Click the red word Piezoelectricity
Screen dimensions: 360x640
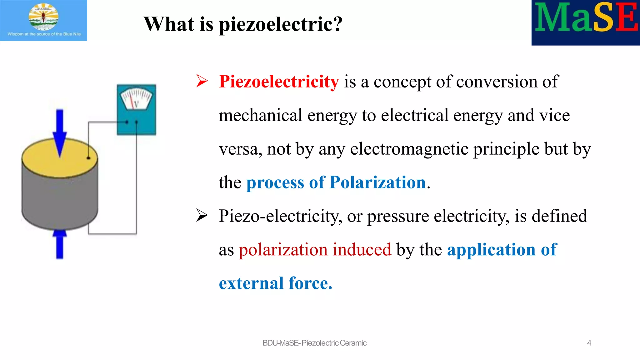tap(279, 82)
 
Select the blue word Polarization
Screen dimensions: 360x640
tap(378, 182)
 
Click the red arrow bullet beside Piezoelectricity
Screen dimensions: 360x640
tap(202, 81)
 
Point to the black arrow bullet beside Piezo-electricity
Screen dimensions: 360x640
tap(202, 216)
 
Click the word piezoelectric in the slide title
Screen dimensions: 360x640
tap(280, 24)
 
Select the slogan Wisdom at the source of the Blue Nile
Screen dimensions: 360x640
tap(44, 34)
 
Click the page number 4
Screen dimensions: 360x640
tap(589, 343)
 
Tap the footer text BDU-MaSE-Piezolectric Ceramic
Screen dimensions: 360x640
tap(314, 343)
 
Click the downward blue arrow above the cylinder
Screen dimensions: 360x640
tap(60, 131)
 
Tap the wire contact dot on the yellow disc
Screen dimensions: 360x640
tap(88, 158)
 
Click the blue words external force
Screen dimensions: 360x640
tap(275, 283)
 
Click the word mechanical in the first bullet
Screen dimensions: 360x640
tap(260, 115)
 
